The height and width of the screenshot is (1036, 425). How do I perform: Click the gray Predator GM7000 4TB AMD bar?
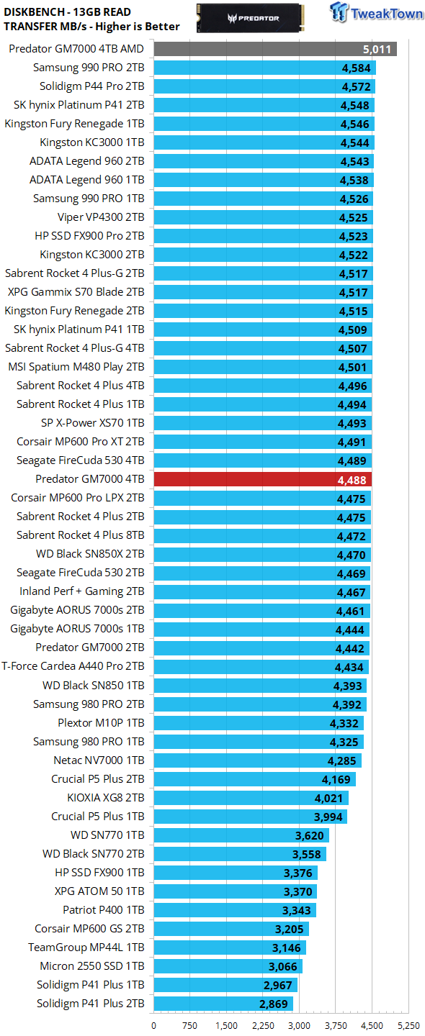(275, 49)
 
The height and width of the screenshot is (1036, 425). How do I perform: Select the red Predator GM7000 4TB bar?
(262, 480)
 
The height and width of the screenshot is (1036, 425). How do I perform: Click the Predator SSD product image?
(251, 18)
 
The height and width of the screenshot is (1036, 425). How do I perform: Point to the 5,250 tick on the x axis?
(408, 1026)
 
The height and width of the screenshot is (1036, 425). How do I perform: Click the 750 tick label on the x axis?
(190, 1026)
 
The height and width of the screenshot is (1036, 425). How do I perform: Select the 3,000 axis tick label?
(299, 1026)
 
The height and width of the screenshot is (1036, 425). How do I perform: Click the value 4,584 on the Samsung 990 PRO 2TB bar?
(356, 68)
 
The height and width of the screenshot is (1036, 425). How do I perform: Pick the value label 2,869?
(273, 1004)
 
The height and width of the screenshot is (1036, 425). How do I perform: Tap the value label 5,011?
(377, 50)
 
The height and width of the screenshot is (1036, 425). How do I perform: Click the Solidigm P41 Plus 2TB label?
(91, 1004)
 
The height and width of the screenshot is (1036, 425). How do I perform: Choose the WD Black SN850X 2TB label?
(90, 554)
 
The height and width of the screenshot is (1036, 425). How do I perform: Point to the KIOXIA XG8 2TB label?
(106, 798)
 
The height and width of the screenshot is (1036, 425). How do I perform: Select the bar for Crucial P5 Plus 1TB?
(250, 817)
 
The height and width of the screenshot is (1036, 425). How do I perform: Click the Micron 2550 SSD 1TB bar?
(228, 967)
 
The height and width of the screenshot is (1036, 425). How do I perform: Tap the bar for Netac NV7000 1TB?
(257, 761)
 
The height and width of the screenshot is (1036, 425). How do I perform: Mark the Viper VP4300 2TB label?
(101, 217)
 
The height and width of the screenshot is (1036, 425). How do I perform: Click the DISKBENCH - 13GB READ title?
(68, 12)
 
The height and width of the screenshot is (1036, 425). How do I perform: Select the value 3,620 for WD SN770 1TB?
(309, 836)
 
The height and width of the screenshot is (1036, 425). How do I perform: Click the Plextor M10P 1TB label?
(101, 723)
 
